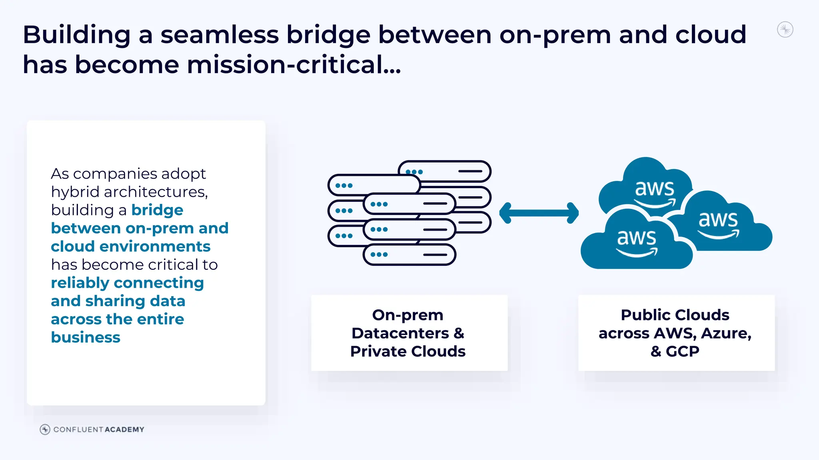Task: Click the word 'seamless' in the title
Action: [x=219, y=35]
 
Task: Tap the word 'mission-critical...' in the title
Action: [x=294, y=65]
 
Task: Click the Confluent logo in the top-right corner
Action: [x=785, y=30]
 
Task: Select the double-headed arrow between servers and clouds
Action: [x=539, y=213]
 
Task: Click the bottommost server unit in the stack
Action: [x=409, y=255]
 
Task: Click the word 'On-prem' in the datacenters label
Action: [x=408, y=315]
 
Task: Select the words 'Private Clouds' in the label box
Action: [x=408, y=351]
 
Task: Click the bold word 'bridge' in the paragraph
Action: [x=157, y=210]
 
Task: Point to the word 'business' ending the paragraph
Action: [x=86, y=337]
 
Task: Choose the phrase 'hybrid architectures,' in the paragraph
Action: [x=130, y=192]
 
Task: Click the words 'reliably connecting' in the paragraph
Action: [x=127, y=283]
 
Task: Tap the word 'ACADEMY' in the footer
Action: [x=124, y=430]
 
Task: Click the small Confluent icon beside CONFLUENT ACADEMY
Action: [x=45, y=430]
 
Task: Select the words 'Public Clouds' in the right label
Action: [x=675, y=315]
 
